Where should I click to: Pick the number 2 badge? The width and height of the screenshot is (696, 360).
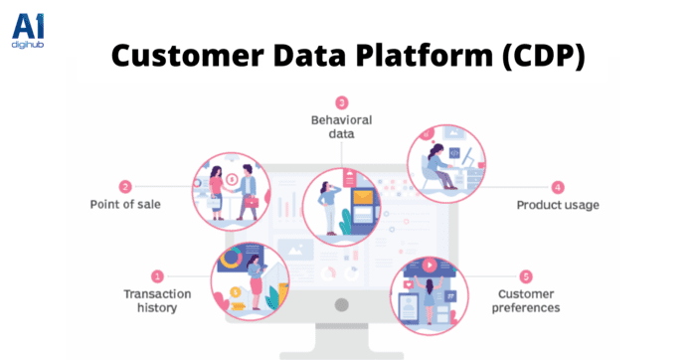125,186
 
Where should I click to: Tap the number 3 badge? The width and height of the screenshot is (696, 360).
341,102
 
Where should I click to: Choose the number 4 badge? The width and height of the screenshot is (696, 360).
558,186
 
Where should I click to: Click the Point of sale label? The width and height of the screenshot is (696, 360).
125,205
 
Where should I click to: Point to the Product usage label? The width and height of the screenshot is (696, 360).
556,205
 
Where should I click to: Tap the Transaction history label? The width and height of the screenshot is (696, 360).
150,300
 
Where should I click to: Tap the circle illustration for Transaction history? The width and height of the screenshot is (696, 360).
251,281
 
